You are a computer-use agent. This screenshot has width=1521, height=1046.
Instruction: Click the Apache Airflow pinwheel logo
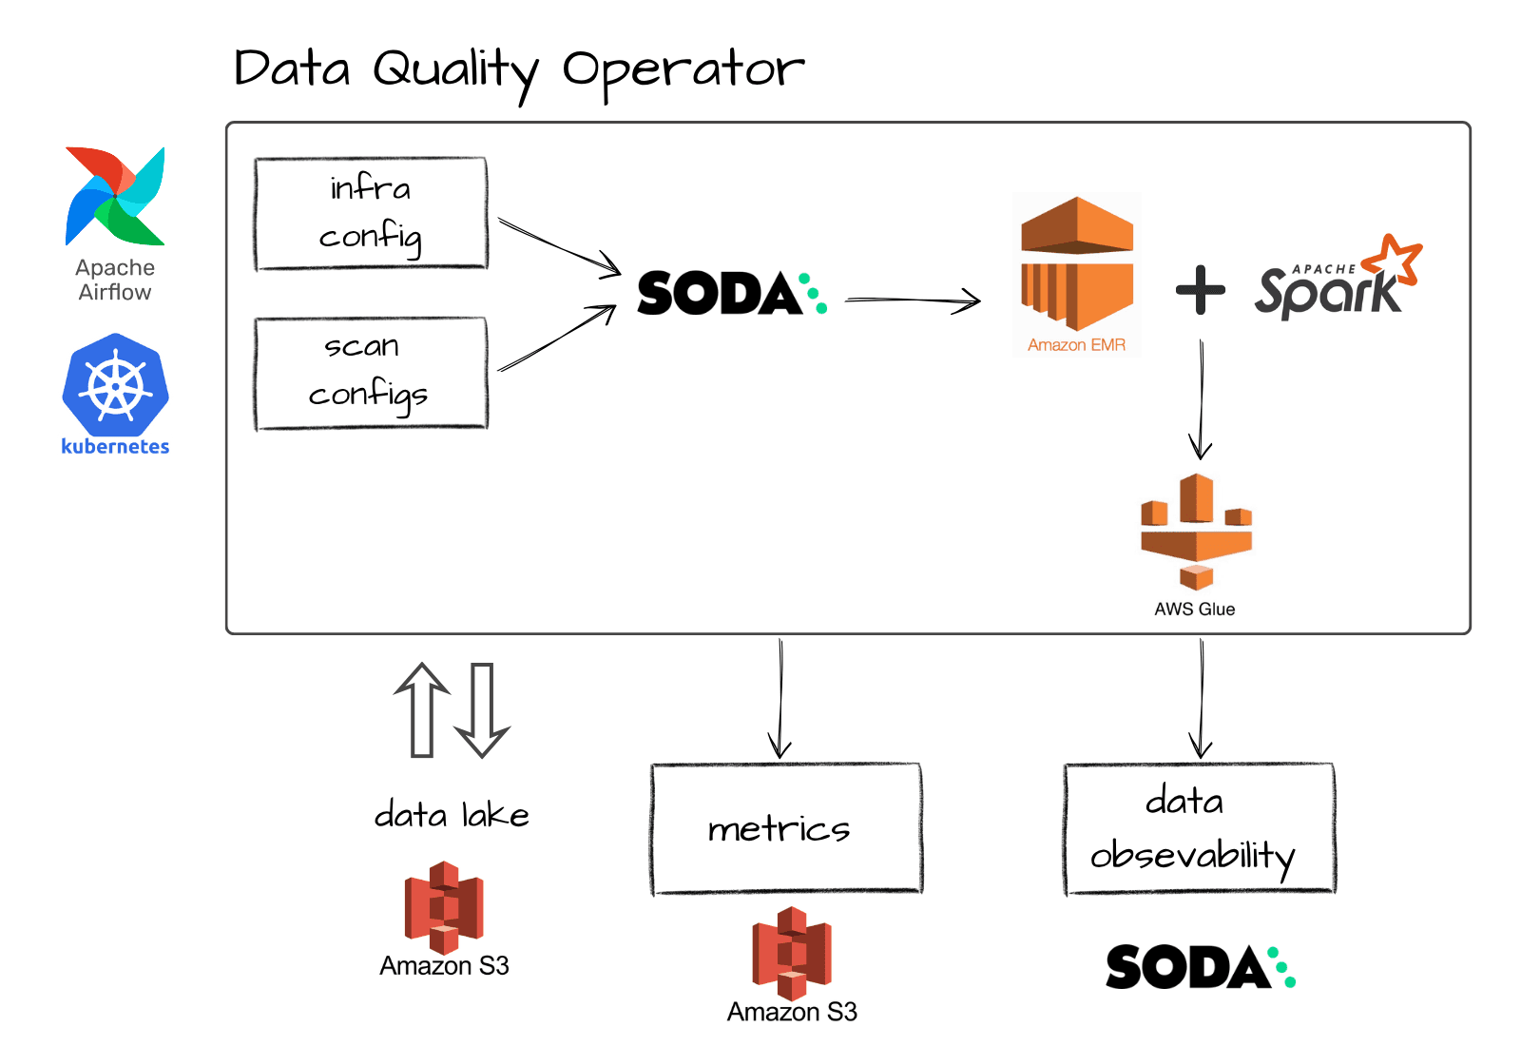[115, 197]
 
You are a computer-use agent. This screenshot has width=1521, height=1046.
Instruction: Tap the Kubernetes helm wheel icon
[115, 385]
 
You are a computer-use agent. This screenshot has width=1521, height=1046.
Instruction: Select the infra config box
[371, 214]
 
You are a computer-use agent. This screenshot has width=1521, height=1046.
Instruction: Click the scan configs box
[371, 373]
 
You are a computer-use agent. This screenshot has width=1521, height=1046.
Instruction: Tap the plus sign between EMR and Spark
[1200, 289]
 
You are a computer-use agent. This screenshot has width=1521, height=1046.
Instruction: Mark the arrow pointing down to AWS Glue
[1201, 399]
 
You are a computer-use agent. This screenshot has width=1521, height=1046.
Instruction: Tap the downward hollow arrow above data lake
[482, 709]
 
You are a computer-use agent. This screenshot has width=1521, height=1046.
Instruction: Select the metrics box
[786, 828]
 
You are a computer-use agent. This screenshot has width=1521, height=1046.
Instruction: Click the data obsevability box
[1199, 828]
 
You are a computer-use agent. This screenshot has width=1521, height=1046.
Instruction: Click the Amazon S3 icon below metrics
[792, 952]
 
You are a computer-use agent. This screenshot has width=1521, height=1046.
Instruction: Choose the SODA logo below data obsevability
[1200, 967]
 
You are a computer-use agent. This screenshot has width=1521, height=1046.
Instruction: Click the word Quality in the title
[455, 71]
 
